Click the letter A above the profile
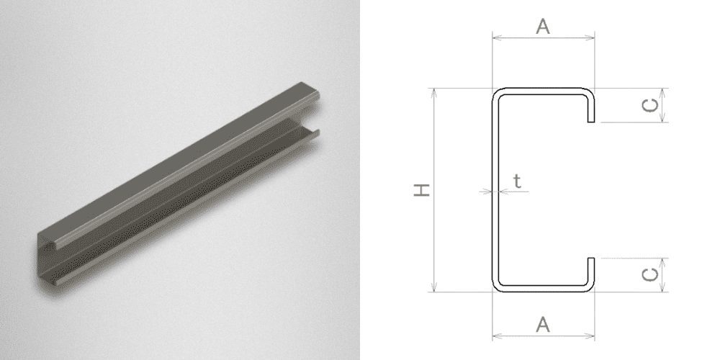coord(543,27)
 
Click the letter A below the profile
coord(543,325)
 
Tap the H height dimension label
coord(421,189)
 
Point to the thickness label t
coord(518,181)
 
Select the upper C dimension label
coord(649,106)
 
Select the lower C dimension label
coord(649,275)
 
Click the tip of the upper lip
coord(591,122)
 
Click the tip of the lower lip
coord(591,258)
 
